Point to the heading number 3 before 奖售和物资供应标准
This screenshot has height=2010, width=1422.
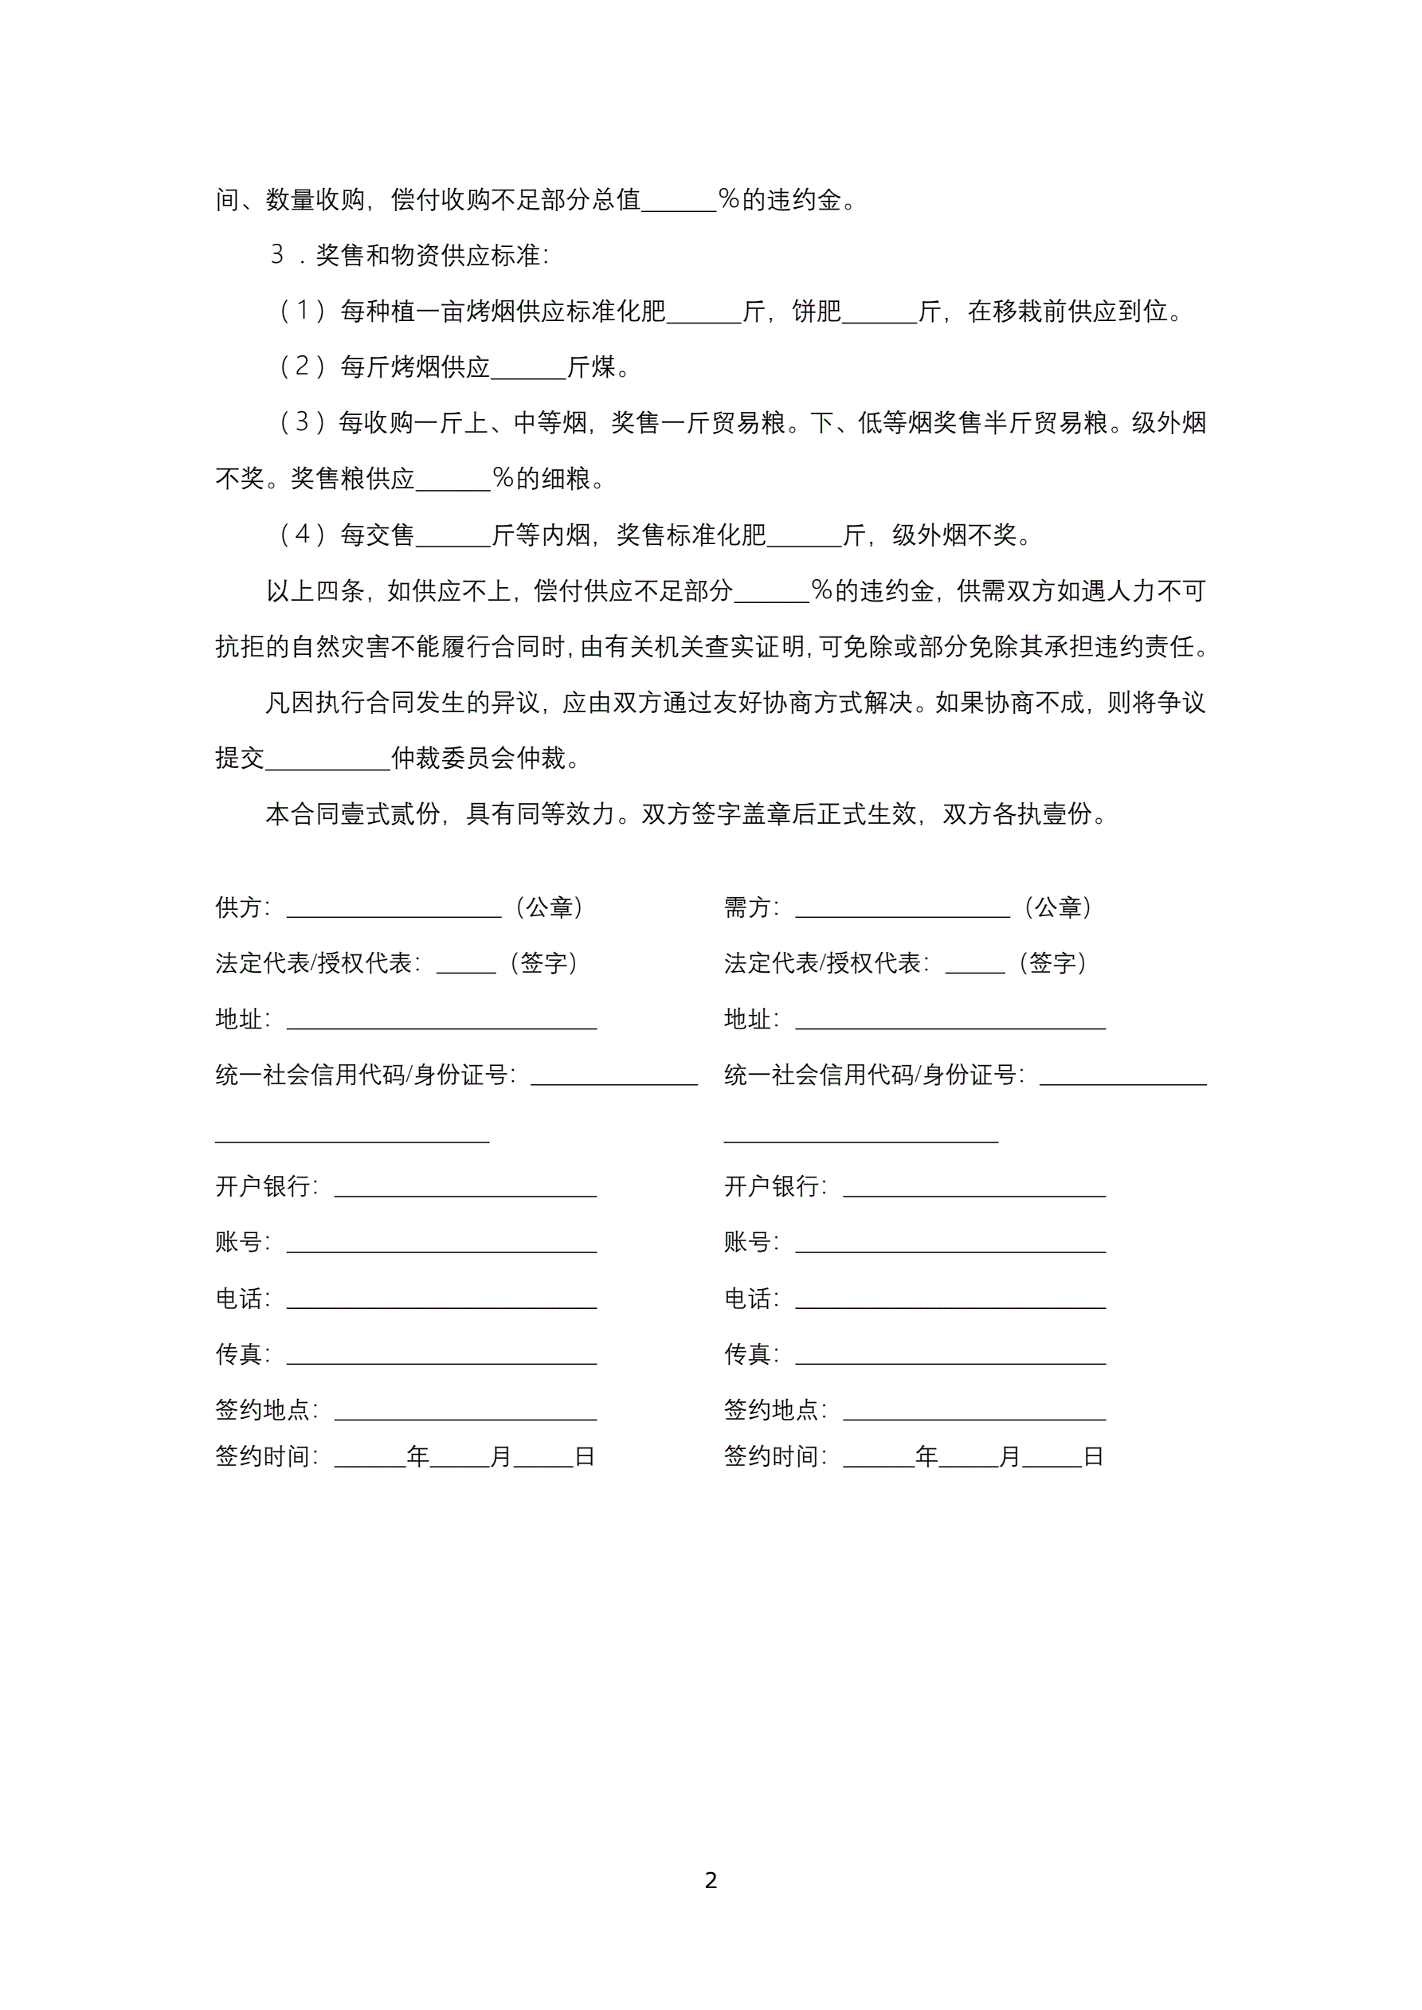pyautogui.click(x=277, y=255)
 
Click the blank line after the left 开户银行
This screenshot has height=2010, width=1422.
pyautogui.click(x=466, y=1189)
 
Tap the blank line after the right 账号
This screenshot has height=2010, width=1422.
pyautogui.click(x=950, y=1246)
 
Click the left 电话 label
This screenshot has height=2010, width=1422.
pyautogui.click(x=239, y=1299)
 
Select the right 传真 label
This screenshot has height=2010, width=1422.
pyautogui.click(x=748, y=1355)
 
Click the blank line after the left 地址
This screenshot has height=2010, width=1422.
pyautogui.click(x=441, y=1022)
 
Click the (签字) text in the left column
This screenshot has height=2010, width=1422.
pyautogui.click(x=544, y=964)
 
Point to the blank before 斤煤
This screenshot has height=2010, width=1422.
pyautogui.click(x=528, y=371)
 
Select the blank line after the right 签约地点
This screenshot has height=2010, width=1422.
pyautogui.click(x=973, y=1413)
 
